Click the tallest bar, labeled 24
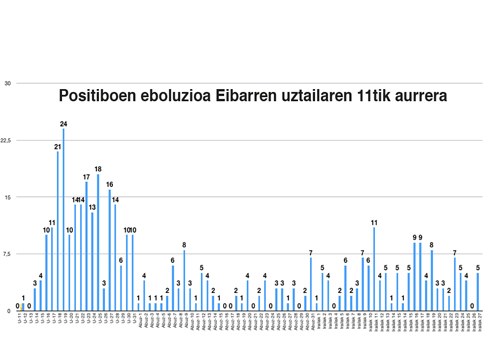pyautogui.click(x=63, y=220)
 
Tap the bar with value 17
pyautogui.click(x=86, y=246)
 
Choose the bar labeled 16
pyautogui.click(x=109, y=250)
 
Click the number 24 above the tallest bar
pyautogui.click(x=63, y=123)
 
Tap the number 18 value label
pyautogui.click(x=98, y=169)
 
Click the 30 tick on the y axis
pyautogui.click(x=7, y=83)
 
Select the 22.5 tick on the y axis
pyautogui.click(x=6, y=140)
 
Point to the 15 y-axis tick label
pyautogui.click(x=7, y=197)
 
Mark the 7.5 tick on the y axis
pyautogui.click(x=6, y=253)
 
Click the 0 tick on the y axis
pyautogui.click(x=8, y=310)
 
